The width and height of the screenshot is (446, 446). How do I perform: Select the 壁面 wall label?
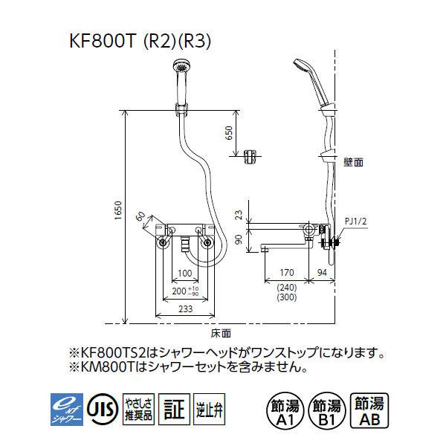point(353,161)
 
